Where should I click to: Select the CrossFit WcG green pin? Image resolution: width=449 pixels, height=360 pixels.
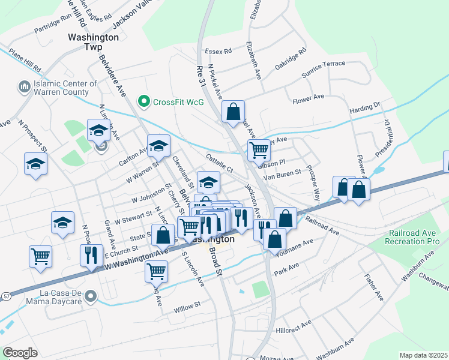(x=143, y=102)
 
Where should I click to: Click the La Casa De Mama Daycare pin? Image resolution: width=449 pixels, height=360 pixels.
(x=91, y=296)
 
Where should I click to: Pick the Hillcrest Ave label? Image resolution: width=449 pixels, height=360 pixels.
(x=294, y=326)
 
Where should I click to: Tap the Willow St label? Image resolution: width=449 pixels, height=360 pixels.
(x=187, y=308)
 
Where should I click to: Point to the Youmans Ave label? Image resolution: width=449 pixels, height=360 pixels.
(x=294, y=247)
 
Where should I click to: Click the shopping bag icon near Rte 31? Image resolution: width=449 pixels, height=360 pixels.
(x=233, y=112)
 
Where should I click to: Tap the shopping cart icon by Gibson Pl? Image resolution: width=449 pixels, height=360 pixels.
(x=259, y=149)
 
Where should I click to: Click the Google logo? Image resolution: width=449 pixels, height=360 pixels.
(x=20, y=353)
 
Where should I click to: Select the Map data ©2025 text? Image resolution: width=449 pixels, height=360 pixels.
(x=423, y=355)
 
